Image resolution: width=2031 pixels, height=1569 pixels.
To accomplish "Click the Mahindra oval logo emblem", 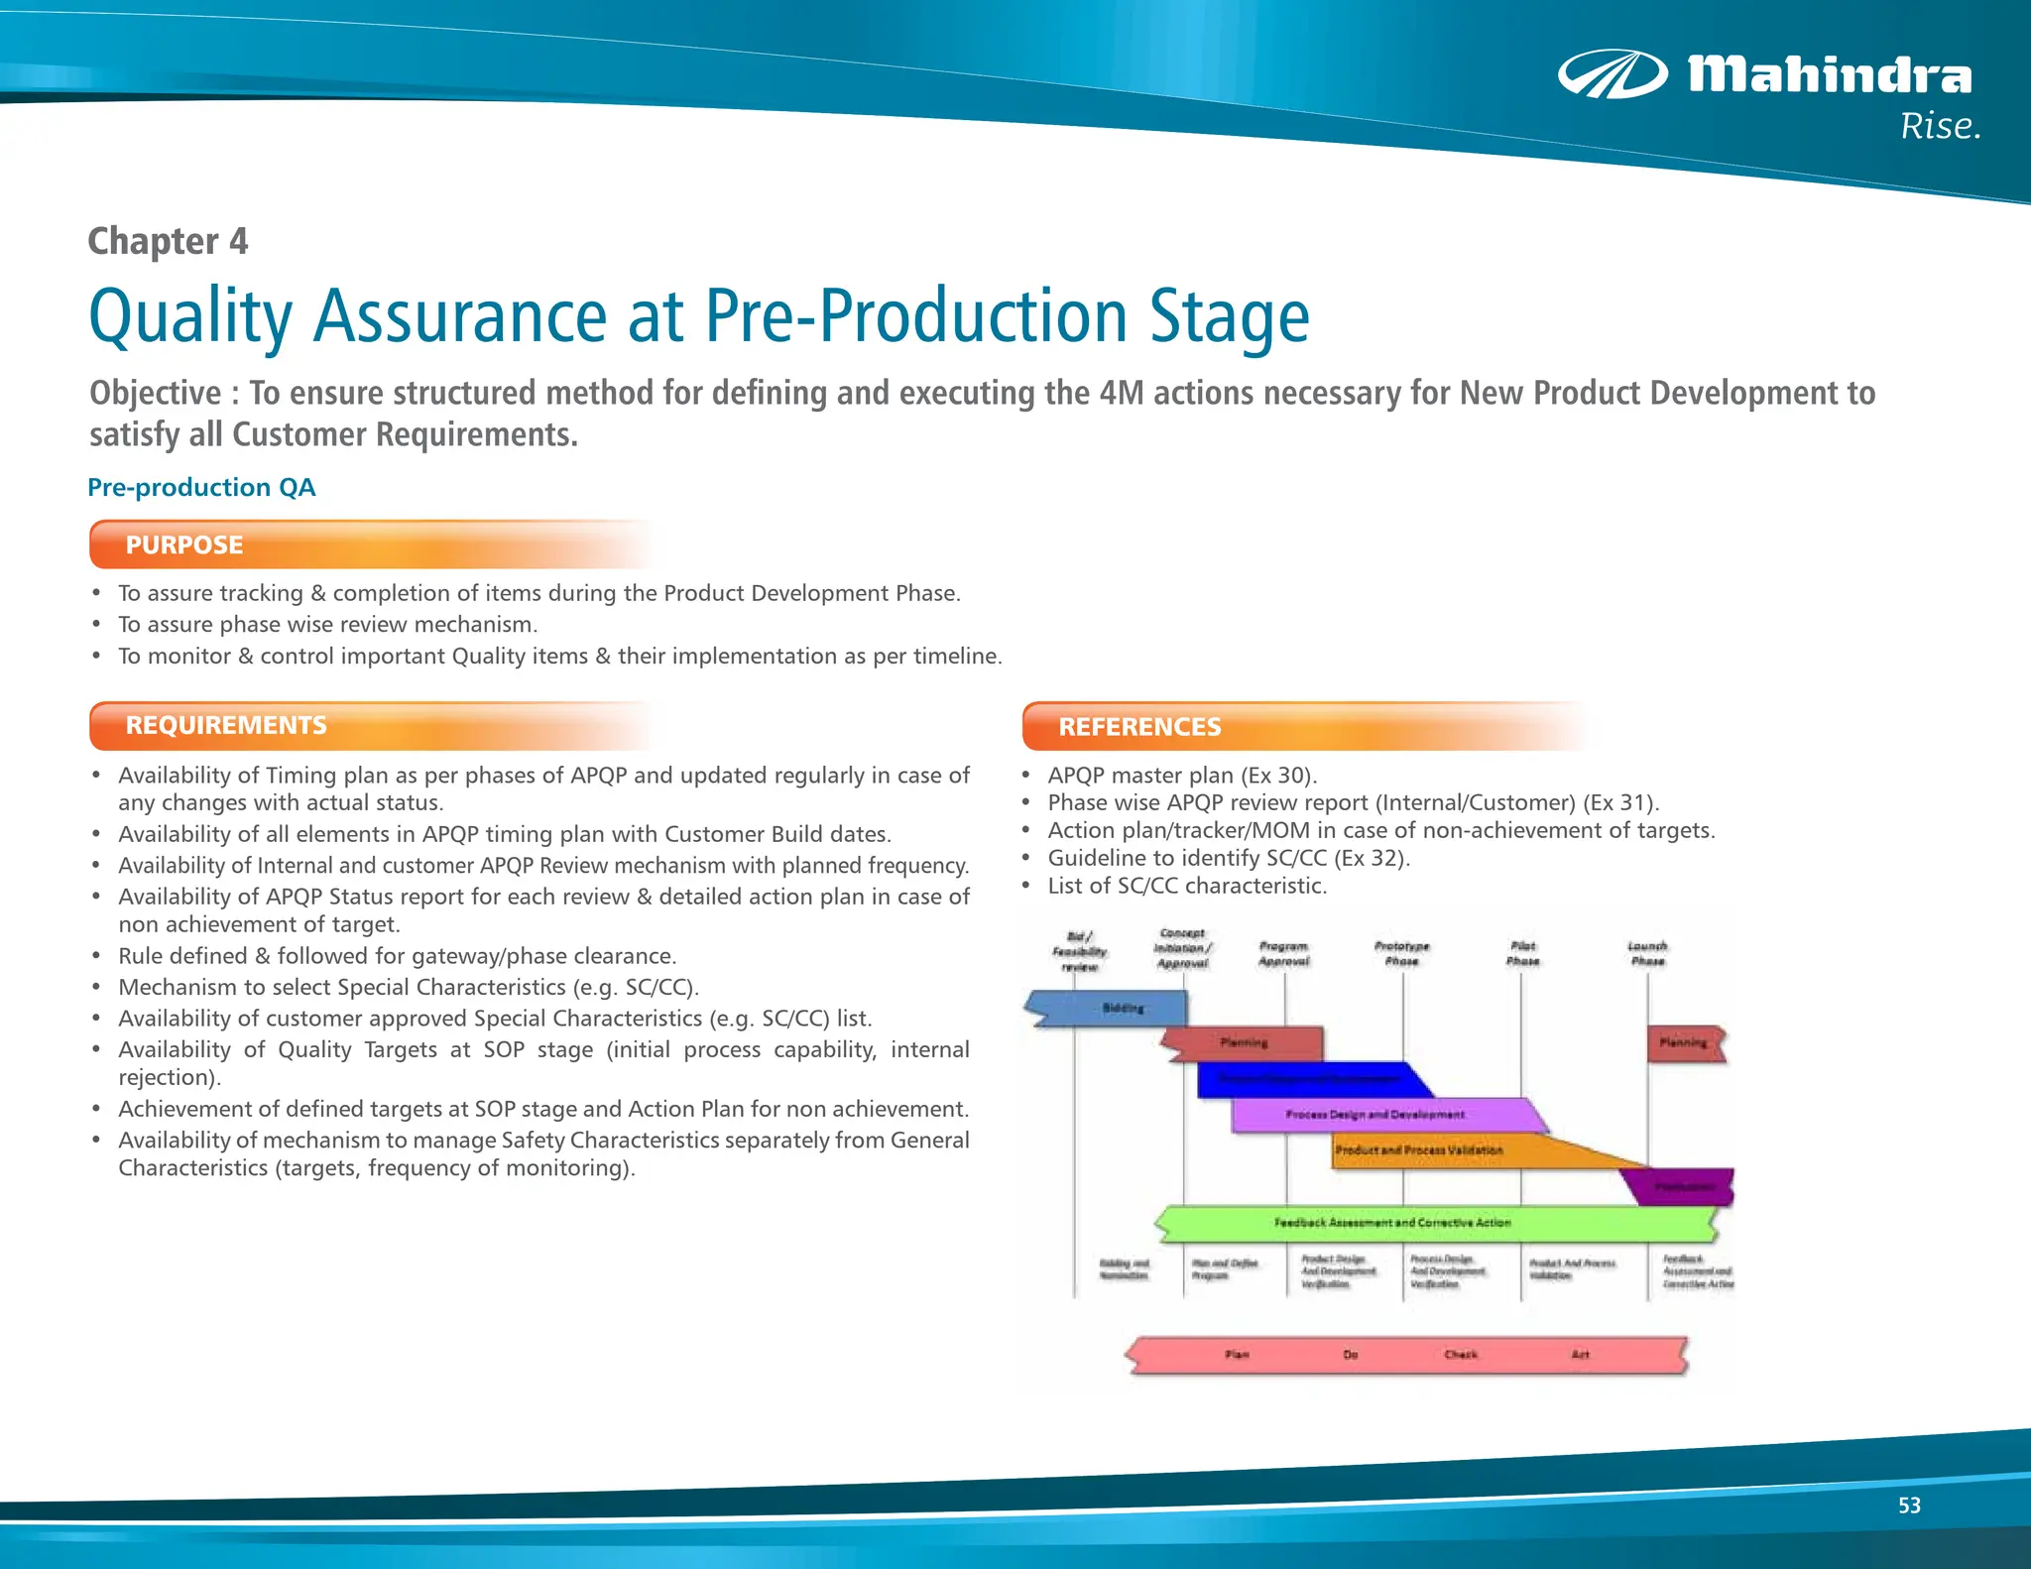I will click(1612, 74).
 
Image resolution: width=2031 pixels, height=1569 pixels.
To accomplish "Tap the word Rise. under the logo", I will click(1940, 127).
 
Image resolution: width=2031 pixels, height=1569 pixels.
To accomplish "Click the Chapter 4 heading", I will click(168, 241).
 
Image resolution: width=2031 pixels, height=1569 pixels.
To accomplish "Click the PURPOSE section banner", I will click(184, 544).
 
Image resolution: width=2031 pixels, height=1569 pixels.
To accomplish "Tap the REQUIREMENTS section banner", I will click(226, 725).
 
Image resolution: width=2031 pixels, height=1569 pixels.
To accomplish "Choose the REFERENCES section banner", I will click(1139, 727).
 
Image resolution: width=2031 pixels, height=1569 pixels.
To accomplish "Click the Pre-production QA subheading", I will click(201, 487).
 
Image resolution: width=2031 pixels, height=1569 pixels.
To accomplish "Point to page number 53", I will click(1909, 1506).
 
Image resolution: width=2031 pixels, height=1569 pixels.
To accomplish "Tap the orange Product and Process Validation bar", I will click(1418, 1150).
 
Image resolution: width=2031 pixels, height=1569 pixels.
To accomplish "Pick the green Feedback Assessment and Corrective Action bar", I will click(1392, 1223).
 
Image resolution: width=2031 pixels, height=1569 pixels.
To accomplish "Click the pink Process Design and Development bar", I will click(1374, 1115).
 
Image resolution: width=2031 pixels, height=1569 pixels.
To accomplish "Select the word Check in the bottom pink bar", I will click(1460, 1355).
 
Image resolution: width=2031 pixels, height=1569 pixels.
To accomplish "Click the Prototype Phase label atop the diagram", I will click(1401, 953).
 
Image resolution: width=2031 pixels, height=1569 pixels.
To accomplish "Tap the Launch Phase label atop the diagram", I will click(1647, 953).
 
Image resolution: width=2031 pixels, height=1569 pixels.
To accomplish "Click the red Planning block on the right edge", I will click(1684, 1043).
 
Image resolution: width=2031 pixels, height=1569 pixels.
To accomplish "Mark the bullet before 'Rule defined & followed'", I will click(96, 956).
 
